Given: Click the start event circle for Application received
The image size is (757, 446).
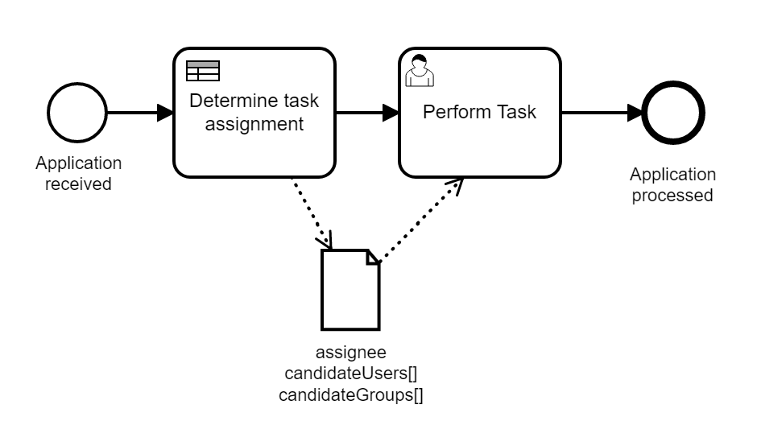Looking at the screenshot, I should click(77, 113).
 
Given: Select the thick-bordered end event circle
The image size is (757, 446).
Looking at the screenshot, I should click(674, 113).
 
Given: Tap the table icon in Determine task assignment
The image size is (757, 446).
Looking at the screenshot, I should click(203, 71).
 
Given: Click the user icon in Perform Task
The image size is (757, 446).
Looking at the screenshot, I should click(419, 71).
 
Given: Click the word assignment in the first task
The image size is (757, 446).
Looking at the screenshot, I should click(254, 124).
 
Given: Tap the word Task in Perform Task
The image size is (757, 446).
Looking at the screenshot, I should click(515, 112).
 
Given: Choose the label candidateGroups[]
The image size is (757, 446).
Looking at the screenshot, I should click(350, 394).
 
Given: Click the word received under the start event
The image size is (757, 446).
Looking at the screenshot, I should click(78, 184).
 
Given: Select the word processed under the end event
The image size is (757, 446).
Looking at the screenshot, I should click(672, 196).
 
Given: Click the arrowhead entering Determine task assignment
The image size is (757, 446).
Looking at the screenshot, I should click(166, 113).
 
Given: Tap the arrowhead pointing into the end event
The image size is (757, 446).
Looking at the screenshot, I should click(635, 113).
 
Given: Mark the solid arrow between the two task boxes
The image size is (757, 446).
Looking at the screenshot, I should click(366, 113).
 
